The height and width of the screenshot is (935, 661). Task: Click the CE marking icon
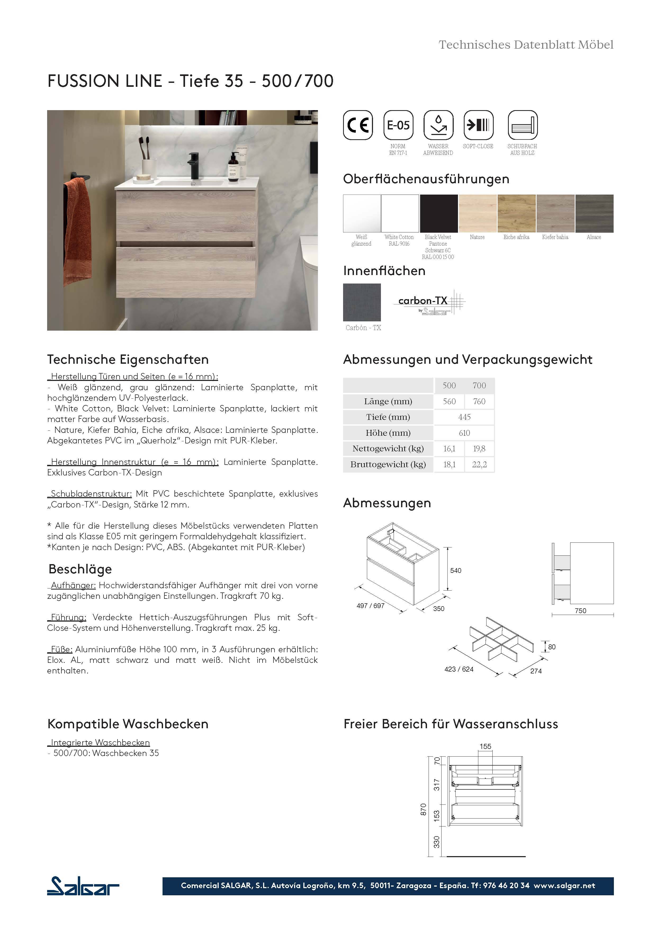pos(358,125)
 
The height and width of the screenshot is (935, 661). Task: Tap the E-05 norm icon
pos(398,125)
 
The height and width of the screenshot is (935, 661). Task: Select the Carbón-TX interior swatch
pos(362,302)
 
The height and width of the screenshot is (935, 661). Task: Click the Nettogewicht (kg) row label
pos(388,448)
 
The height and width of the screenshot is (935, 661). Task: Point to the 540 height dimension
pos(455,570)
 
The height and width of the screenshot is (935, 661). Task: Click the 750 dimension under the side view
pos(580,611)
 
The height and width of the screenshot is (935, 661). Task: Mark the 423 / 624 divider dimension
pos(458,669)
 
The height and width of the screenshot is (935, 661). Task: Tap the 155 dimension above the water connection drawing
pos(485,747)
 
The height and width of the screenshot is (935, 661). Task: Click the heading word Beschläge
pos(80,569)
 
